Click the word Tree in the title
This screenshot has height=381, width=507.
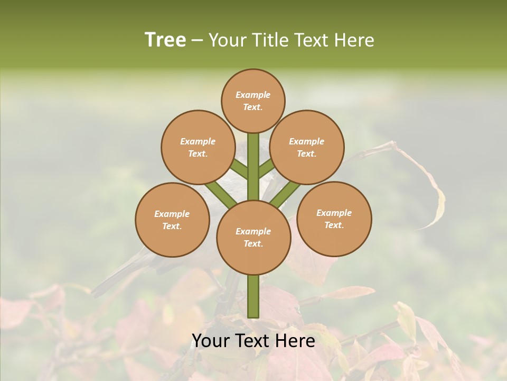[x=165, y=40]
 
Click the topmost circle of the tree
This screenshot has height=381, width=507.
[x=253, y=101]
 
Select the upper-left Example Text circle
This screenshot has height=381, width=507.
[x=198, y=147]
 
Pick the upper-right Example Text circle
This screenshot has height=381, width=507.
[x=307, y=147]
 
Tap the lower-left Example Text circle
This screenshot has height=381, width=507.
[x=172, y=220]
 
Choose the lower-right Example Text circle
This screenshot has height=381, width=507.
[x=334, y=219]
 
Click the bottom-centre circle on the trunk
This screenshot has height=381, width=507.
[x=253, y=237]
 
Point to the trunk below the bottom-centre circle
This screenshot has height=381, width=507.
[x=253, y=296]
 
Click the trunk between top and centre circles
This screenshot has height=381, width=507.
[x=253, y=167]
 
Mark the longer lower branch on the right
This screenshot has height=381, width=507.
[x=286, y=194]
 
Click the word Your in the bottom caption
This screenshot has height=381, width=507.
[x=211, y=341]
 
